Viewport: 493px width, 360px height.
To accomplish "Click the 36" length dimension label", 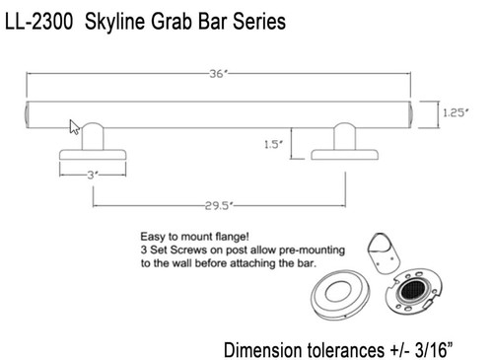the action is (219, 74).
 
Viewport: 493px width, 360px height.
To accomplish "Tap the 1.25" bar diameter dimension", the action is (456, 113).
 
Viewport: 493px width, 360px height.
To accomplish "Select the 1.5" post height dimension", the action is (273, 144).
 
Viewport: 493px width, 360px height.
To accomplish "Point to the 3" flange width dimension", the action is (93, 175).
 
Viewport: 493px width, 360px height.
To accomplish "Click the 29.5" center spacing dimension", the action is (219, 206).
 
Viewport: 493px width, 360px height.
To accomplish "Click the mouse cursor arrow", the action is (74, 127).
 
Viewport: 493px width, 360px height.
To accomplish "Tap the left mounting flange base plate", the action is (93, 155).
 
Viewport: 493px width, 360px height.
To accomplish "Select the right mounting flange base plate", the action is (344, 155).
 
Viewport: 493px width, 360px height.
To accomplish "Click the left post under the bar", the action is (93, 137).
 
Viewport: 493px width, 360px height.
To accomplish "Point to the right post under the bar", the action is (344, 137).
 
